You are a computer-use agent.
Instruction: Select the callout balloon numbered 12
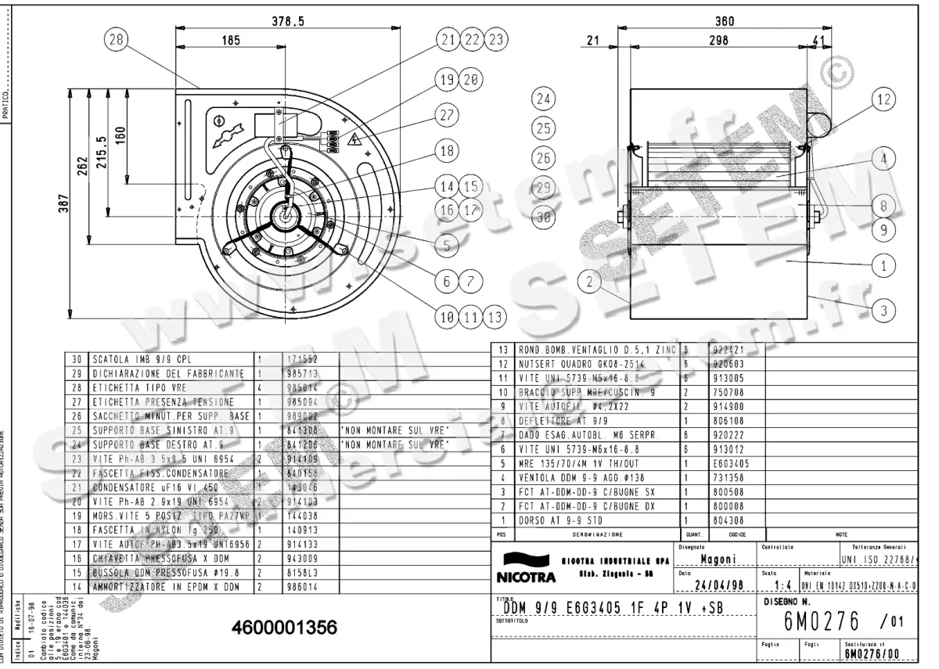pos(883,99)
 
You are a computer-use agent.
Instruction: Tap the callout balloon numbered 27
pos(447,114)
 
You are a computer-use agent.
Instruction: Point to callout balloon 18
pos(447,150)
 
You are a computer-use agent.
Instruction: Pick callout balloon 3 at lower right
pos(883,311)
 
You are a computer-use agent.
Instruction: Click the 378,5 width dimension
pos(288,23)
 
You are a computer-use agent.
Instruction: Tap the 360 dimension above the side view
pos(725,23)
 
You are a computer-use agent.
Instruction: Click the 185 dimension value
pos(231,41)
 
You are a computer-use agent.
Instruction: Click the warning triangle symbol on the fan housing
pos(354,141)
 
